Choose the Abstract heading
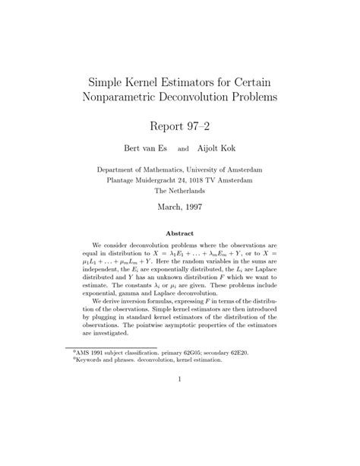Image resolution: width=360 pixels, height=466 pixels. click(179, 233)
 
